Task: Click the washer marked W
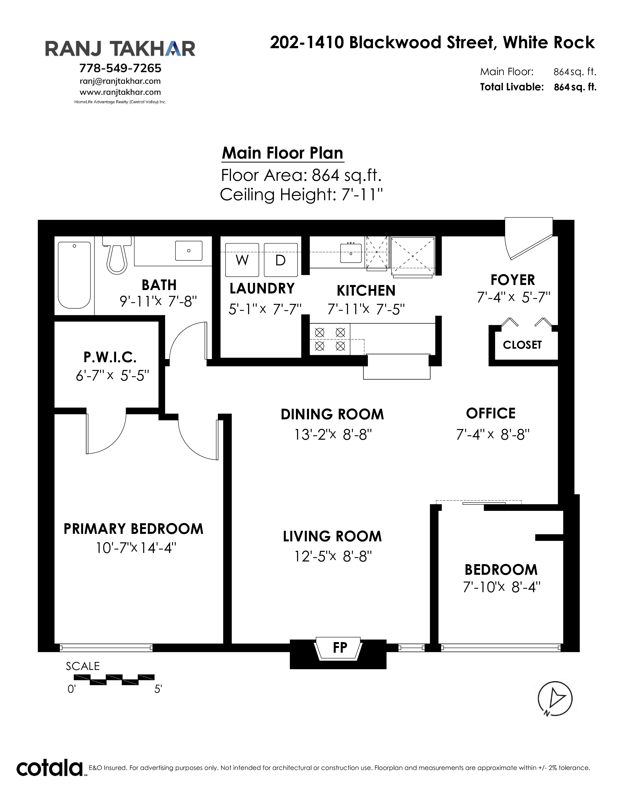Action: coord(242,260)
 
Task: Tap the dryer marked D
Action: coord(280,260)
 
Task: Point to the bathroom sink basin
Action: coord(189,251)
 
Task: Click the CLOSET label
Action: coord(522,345)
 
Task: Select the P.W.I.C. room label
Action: coord(110,357)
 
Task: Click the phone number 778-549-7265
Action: coord(120,68)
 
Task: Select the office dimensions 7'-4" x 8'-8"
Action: coord(493,435)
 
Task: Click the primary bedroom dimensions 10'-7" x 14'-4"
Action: coord(136,548)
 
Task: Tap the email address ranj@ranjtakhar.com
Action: coord(120,81)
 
